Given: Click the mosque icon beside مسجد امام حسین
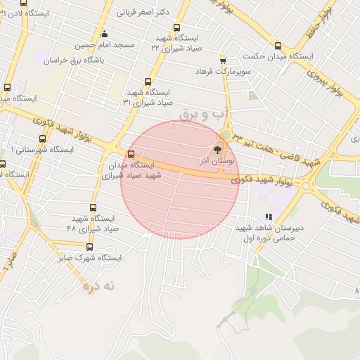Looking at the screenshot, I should (x=105, y=34).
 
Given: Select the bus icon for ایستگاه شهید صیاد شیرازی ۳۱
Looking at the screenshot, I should (x=147, y=82).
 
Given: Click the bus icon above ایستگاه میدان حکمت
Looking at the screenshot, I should (x=278, y=46).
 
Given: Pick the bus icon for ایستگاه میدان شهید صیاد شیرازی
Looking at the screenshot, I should (x=131, y=155).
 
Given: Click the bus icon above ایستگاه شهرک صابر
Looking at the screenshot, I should (x=89, y=247).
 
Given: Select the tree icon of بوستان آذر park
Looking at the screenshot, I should (x=217, y=149).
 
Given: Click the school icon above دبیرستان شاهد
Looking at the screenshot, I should (x=267, y=217).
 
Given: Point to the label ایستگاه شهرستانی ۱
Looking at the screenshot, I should (x=42, y=150).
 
